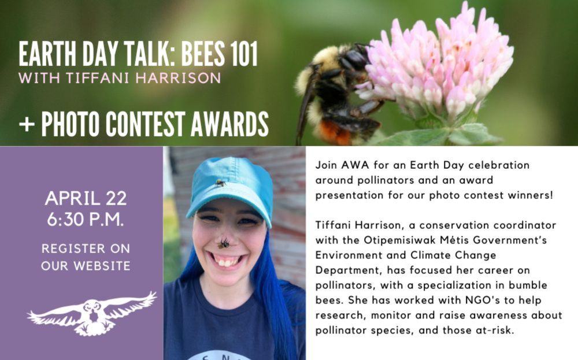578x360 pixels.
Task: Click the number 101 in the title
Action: (x=244, y=54)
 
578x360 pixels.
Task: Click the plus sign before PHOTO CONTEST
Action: (x=27, y=125)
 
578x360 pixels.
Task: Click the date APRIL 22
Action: (x=86, y=198)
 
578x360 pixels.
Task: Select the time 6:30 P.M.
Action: (x=85, y=220)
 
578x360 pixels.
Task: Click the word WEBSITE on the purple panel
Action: (x=104, y=266)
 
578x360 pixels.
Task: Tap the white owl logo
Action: (x=92, y=313)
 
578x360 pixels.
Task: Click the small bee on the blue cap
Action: (x=220, y=183)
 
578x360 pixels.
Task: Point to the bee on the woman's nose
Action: (x=223, y=243)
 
